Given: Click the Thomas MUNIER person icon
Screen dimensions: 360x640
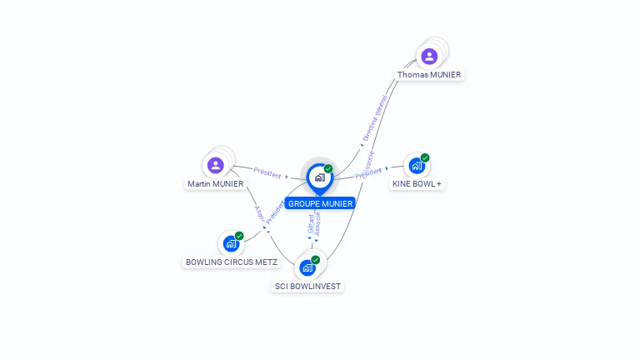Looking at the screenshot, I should coord(429,57).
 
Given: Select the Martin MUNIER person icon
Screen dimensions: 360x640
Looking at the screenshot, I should coord(216,165).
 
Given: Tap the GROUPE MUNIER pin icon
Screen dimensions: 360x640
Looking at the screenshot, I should coord(319,177).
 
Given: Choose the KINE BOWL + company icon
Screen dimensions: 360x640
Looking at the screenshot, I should coord(417,165).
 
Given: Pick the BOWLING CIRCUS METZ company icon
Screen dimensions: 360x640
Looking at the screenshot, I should coord(231,244).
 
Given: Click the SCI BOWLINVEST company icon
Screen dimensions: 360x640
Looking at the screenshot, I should coord(307,267).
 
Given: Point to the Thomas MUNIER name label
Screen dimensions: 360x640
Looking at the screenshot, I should coord(429,75).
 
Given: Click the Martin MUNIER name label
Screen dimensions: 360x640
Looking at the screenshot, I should coord(216,183).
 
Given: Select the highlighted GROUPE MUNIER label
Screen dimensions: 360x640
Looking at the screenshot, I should coord(320,203).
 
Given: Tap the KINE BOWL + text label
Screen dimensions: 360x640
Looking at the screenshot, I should coord(417,183).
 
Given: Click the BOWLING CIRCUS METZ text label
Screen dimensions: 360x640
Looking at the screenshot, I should coord(232,262).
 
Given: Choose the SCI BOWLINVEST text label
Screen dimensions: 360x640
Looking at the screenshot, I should coord(308,286).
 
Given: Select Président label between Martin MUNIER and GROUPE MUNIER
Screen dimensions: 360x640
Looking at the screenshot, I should coord(267,172).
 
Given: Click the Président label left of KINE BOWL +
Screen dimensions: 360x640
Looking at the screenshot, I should coord(368,172).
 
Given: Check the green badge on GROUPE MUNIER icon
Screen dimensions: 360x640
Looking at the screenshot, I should coord(328,169).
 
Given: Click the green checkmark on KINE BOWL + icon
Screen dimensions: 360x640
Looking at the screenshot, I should coord(425,157).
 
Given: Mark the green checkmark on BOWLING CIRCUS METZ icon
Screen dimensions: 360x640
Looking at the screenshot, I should coord(239,236).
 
